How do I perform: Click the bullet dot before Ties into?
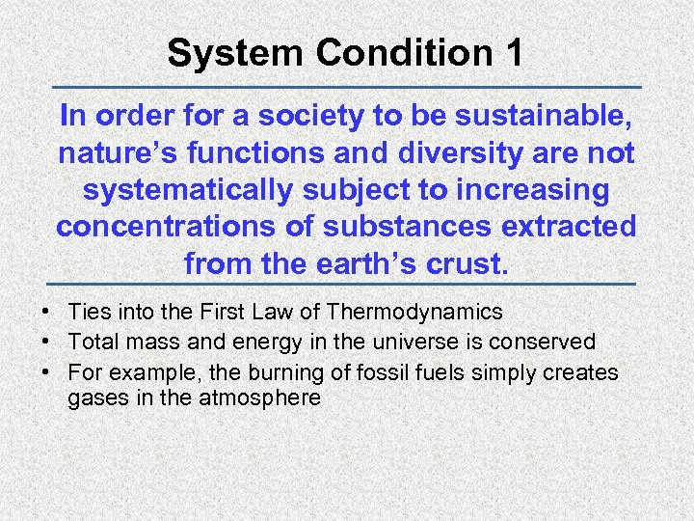point(46,313)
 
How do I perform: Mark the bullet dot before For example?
point(46,372)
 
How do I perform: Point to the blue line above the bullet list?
point(346,285)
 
